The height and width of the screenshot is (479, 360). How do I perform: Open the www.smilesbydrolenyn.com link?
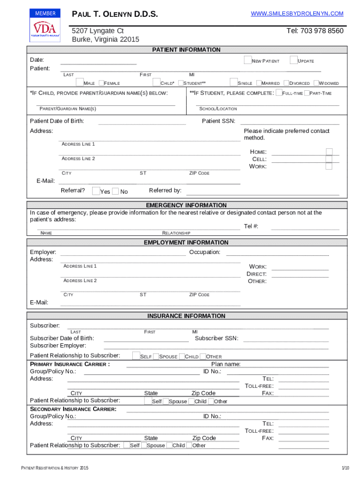pos(297,14)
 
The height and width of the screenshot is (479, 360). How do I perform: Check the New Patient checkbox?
pos(248,60)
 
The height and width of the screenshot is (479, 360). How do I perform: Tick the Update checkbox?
pos(294,60)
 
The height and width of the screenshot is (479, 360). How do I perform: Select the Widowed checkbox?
pos(316,83)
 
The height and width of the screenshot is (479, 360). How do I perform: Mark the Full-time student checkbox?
pos(279,93)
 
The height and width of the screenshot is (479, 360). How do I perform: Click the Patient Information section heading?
pos(187,50)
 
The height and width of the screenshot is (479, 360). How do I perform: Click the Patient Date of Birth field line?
pos(145,124)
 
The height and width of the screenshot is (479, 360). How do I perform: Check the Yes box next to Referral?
pos(96,191)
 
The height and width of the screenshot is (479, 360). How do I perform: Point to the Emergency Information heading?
pos(186,205)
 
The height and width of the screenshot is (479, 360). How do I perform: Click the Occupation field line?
pos(277,255)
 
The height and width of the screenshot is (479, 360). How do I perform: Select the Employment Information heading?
pos(186,242)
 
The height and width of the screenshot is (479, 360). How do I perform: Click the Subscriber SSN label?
pos(216,338)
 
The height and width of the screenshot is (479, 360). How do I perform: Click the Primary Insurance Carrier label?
pos(70,364)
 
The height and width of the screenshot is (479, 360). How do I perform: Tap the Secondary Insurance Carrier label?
pos(73,409)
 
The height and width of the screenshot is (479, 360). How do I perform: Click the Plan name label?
pos(226,364)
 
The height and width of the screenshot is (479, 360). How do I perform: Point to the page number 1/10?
pos(345,468)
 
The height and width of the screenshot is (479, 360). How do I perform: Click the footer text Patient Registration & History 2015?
pos(52,468)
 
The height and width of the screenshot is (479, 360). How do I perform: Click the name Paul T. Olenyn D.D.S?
pos(115,15)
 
